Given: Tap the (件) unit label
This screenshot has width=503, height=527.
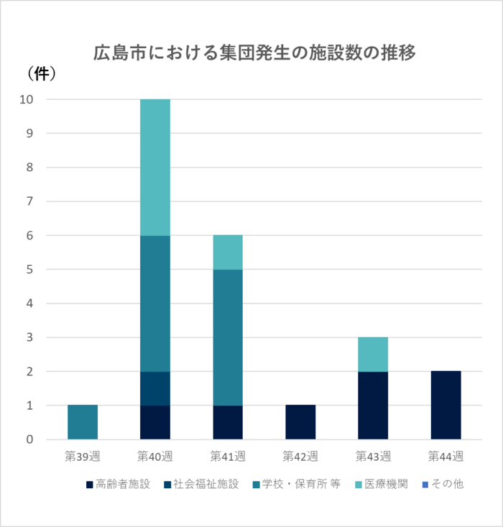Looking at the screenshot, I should click(41, 73).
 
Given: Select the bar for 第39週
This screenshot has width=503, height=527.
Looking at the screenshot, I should click(83, 422).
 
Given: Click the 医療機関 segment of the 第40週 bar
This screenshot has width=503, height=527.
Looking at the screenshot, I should click(155, 167).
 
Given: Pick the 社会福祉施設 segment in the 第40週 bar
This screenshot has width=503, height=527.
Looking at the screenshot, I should click(155, 388).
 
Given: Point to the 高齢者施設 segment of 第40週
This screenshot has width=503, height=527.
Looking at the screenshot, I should click(155, 422).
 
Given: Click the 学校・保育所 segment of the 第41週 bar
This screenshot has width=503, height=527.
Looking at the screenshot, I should click(228, 337).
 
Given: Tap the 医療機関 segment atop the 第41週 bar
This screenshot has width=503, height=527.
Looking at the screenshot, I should click(228, 252).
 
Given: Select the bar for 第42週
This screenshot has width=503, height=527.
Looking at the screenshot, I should click(300, 422).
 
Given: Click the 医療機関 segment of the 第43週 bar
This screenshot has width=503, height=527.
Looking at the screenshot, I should click(373, 354).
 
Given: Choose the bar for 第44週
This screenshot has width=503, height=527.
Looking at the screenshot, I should click(446, 405).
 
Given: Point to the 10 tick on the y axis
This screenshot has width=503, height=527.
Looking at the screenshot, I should click(27, 99).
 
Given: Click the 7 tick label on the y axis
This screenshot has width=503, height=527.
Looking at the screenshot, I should click(30, 201).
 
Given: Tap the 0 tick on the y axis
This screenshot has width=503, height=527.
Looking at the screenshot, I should click(30, 439).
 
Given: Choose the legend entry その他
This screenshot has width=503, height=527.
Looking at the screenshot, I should click(446, 485).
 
